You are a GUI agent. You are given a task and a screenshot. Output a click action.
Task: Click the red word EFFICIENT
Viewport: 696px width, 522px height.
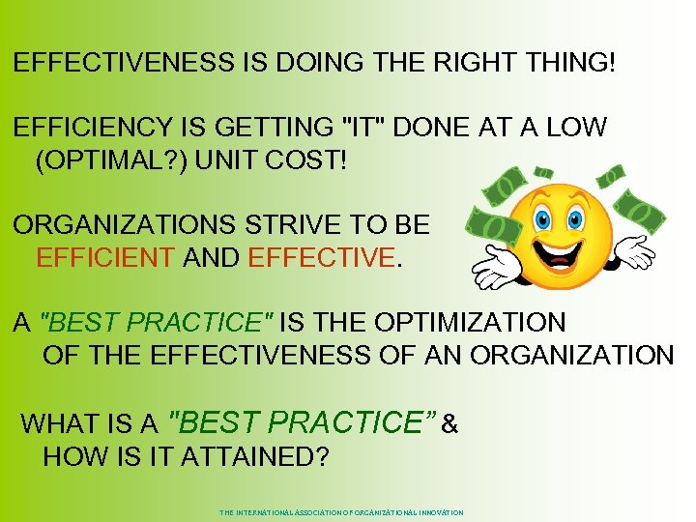pos(104,258)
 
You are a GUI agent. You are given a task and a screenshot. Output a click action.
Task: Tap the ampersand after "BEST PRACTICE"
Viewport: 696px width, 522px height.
pos(449,423)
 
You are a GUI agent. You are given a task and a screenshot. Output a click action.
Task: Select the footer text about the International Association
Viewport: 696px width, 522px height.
pos(341,512)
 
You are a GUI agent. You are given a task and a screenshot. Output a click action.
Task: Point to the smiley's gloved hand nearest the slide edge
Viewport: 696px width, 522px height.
pos(633,250)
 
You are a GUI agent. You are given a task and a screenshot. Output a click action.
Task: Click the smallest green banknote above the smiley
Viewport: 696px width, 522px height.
pos(610,176)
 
